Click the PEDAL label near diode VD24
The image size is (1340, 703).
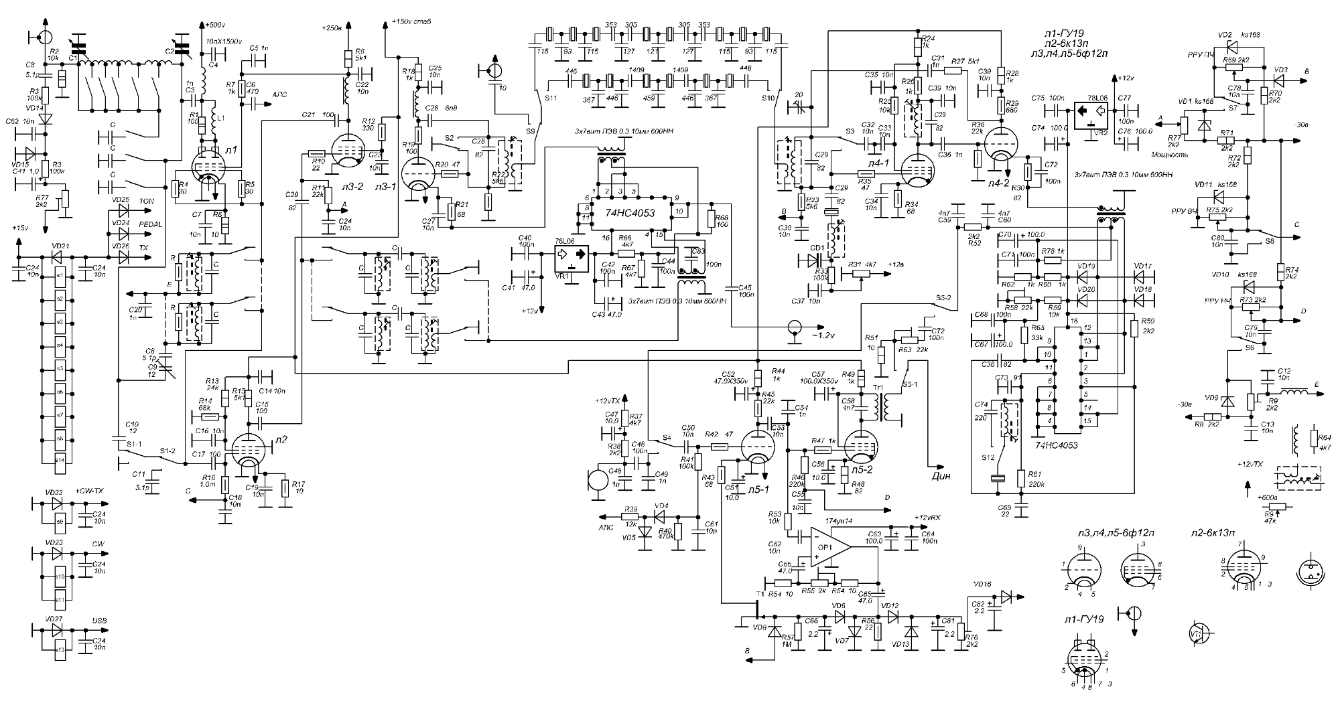click(x=148, y=226)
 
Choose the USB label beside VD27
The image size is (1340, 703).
click(x=98, y=621)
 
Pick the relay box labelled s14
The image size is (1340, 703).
click(x=60, y=460)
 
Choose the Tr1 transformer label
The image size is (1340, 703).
click(x=878, y=388)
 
